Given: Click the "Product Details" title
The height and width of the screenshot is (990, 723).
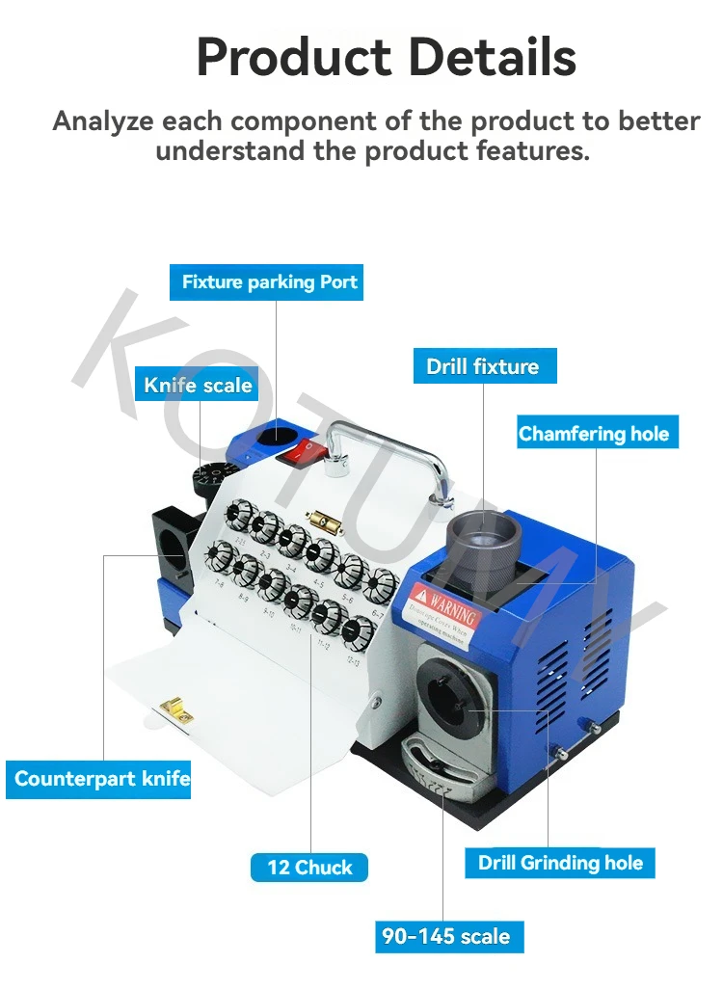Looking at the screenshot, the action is (386, 57).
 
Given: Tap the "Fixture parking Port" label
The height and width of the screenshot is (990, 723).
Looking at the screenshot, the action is (269, 282).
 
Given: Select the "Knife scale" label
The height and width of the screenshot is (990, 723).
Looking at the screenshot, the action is (198, 386).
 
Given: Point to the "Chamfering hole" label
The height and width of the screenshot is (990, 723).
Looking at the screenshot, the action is (593, 434).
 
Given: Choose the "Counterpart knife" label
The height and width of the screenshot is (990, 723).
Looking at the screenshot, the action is (102, 779).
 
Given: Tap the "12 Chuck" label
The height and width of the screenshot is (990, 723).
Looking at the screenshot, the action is (309, 868).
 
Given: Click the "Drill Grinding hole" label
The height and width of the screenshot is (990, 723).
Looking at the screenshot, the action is (560, 863).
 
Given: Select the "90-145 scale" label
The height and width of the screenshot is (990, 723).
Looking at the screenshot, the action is (444, 936).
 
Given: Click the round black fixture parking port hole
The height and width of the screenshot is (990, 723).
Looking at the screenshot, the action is (276, 434).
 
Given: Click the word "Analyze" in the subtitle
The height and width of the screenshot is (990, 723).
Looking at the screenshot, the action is (104, 121).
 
